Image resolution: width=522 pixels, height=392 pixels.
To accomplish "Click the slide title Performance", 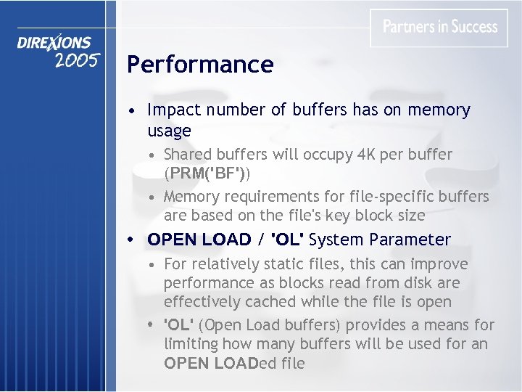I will [200, 65].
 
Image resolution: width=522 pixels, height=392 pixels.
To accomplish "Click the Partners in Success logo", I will [440, 27].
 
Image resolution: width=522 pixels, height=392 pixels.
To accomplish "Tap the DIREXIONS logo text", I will [54, 44].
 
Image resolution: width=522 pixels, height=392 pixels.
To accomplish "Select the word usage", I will [169, 131].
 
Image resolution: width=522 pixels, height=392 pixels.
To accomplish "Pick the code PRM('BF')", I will [207, 174].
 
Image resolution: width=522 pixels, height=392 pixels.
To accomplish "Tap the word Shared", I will [187, 155].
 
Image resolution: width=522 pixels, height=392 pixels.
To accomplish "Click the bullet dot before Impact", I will [128, 111].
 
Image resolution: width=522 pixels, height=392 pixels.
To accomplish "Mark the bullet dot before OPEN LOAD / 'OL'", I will [129, 240].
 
